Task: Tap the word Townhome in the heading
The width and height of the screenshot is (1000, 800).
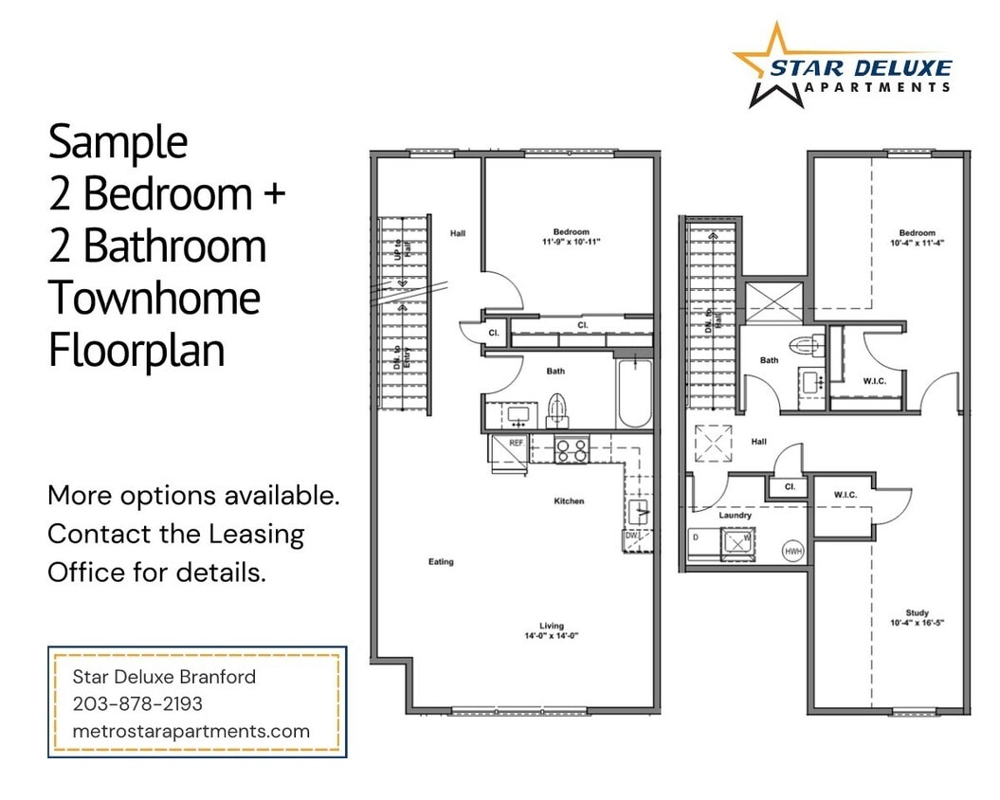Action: tap(154, 298)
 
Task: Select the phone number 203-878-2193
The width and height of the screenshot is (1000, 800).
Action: tap(137, 704)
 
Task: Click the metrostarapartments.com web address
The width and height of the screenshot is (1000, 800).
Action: tap(191, 731)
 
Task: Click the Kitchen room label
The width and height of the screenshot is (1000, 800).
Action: tap(569, 500)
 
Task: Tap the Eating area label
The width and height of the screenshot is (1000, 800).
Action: tap(441, 562)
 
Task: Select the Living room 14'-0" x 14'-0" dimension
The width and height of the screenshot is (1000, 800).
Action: tap(552, 636)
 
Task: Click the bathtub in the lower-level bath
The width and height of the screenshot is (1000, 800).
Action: tap(633, 394)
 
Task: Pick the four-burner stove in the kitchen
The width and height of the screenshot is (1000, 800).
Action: tap(572, 448)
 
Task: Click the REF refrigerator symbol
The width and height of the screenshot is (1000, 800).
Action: tap(511, 448)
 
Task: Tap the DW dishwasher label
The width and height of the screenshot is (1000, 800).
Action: tap(632, 536)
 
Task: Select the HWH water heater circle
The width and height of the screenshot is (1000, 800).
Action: tap(792, 551)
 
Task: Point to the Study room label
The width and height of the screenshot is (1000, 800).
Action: tap(917, 612)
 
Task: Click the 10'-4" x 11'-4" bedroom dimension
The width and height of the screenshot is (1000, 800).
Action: tap(917, 244)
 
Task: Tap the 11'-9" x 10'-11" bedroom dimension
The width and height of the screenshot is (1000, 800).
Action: tap(572, 243)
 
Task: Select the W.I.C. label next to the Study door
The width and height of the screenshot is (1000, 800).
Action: tap(845, 495)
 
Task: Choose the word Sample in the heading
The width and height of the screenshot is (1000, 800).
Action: tap(118, 142)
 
